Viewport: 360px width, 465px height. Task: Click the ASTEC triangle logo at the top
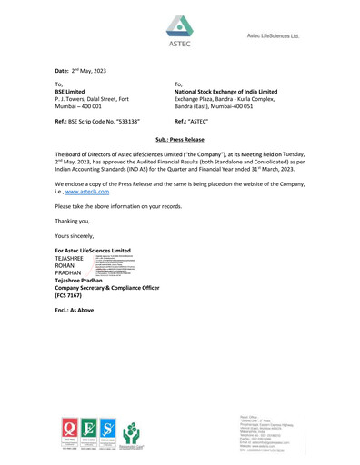coord(180,26)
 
